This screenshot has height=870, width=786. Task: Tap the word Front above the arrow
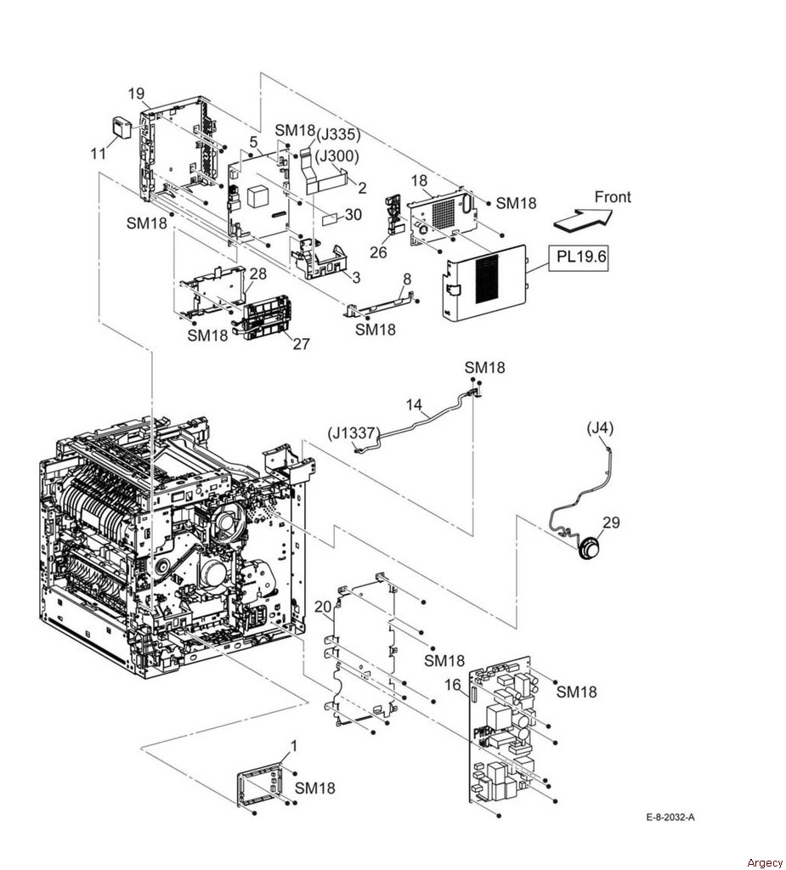tap(613, 197)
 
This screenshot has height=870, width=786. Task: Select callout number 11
tap(99, 153)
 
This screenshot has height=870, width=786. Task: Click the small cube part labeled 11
tap(122, 127)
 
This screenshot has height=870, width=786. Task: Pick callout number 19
tap(136, 93)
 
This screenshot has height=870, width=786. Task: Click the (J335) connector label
tap(338, 135)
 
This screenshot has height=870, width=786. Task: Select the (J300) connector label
tap(337, 157)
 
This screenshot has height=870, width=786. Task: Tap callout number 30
tap(353, 215)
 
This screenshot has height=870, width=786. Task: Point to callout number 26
tap(378, 252)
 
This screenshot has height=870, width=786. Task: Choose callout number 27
tap(302, 344)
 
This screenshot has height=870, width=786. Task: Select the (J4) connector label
tap(600, 428)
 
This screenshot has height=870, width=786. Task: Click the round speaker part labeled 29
tap(590, 549)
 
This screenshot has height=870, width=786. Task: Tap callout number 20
tap(323, 607)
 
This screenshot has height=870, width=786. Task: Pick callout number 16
tap(453, 686)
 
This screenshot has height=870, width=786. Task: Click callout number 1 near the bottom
tap(294, 746)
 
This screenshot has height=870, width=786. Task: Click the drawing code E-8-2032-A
tap(670, 817)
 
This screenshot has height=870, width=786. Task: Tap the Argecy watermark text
tap(765, 862)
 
